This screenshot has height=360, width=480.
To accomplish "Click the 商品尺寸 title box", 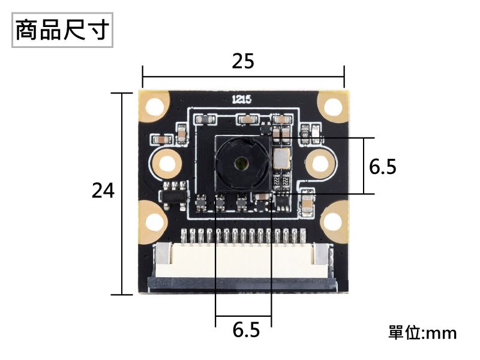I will click(62, 29).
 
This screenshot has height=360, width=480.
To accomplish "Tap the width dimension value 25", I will click(243, 61).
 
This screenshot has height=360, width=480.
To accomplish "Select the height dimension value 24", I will click(103, 191).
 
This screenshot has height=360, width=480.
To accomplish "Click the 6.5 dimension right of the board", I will click(383, 167).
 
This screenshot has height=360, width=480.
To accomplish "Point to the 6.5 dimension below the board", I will click(246, 329).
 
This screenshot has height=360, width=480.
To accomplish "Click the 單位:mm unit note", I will click(422, 332).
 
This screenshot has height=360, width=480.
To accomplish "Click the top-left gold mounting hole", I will click(155, 106).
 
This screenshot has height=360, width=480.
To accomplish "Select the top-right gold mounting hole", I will click(332, 106).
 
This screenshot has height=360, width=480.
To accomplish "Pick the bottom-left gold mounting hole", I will click(155, 223).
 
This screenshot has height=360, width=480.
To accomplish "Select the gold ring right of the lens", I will click(319, 162).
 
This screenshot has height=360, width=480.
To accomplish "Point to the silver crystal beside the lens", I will click(281, 159).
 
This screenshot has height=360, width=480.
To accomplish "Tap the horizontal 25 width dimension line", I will click(243, 76).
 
